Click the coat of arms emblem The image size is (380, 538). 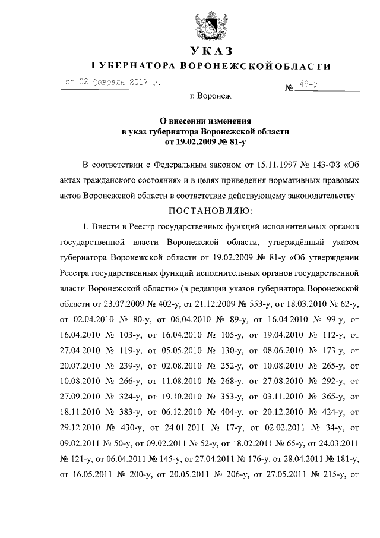pos(208,24)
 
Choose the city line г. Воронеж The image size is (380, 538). pos(210,96)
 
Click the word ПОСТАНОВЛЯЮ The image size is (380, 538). pos(210,210)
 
